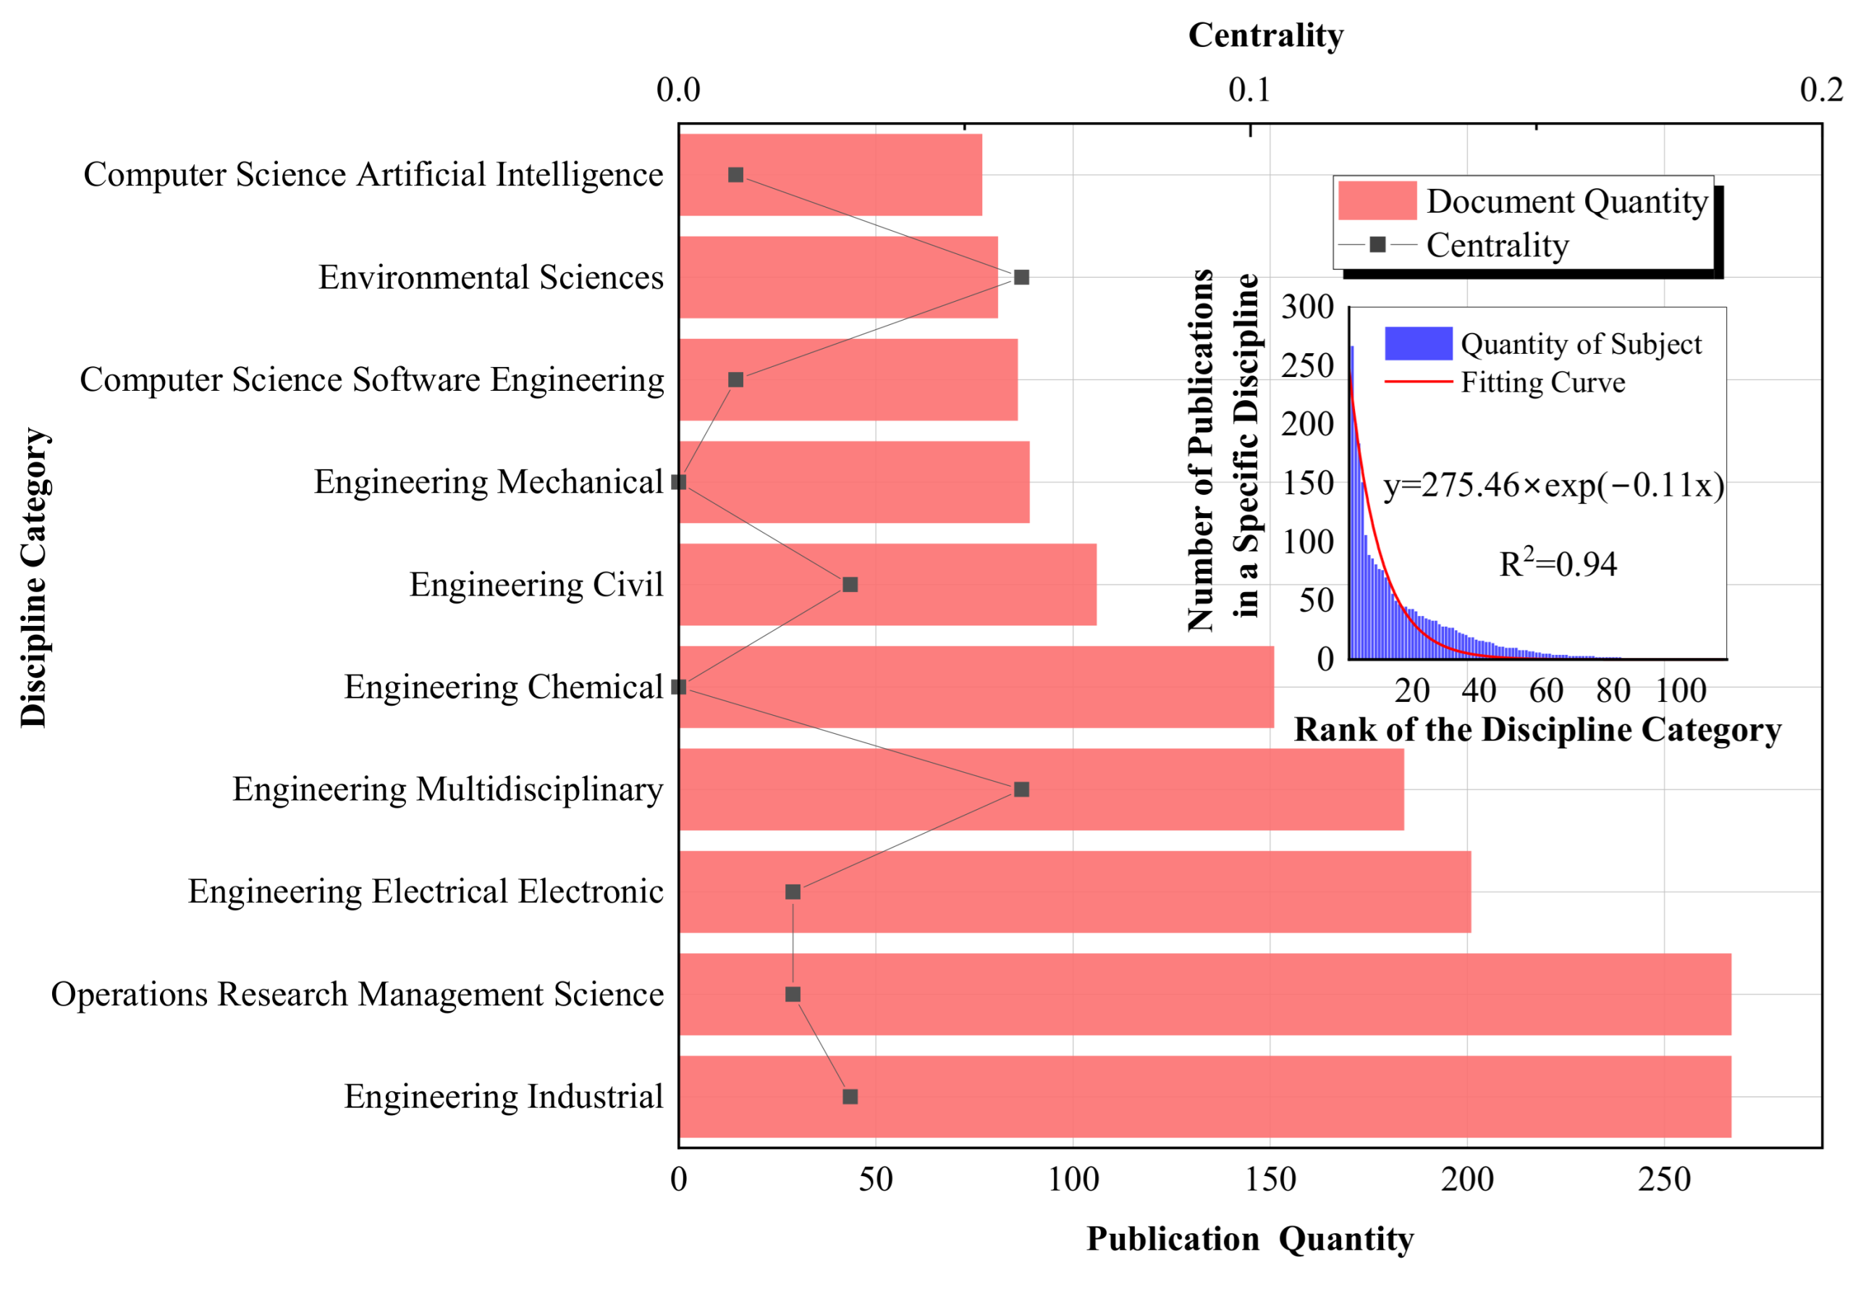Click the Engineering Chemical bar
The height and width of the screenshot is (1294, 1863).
[973, 687]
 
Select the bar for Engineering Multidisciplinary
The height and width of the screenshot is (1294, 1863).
[1038, 789]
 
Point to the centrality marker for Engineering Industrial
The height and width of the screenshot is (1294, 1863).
[850, 1096]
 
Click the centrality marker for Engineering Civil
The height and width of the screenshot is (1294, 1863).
[850, 585]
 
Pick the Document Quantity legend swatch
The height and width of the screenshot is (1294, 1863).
[1376, 200]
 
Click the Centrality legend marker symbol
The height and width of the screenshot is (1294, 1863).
[1377, 244]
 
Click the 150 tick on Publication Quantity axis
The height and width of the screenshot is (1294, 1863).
[1270, 1179]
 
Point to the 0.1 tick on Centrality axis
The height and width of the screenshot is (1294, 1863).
[1249, 90]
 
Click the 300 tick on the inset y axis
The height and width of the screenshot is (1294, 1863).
[1307, 308]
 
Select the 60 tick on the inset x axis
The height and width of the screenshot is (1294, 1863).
[1545, 690]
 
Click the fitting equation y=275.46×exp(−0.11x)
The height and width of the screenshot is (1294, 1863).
[1552, 485]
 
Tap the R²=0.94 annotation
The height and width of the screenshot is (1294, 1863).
[1557, 564]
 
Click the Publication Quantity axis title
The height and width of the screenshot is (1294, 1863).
[1249, 1239]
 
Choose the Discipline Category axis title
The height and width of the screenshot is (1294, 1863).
[35, 578]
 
